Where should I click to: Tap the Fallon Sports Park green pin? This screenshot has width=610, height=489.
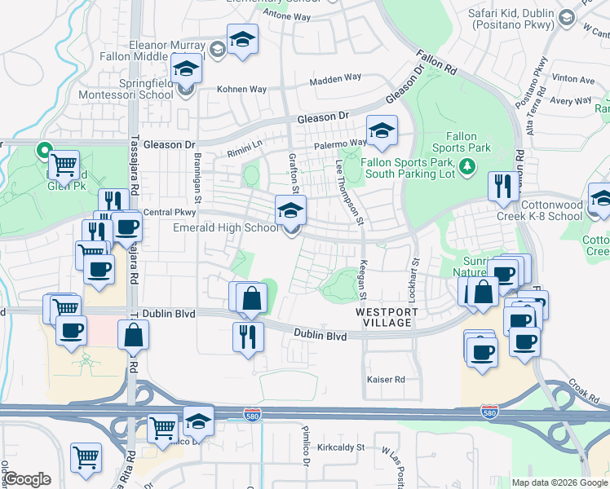[x=466, y=167]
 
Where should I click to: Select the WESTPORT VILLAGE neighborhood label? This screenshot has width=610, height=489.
[x=387, y=318]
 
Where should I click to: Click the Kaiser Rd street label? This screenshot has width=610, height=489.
[x=386, y=380]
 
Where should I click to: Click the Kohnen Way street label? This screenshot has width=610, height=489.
[x=241, y=89]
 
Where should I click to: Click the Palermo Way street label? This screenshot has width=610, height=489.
[x=340, y=143]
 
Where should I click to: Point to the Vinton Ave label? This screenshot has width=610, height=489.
[x=572, y=80]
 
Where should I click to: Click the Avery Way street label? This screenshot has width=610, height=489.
[x=570, y=101]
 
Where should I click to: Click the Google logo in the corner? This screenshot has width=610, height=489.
[x=27, y=479]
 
